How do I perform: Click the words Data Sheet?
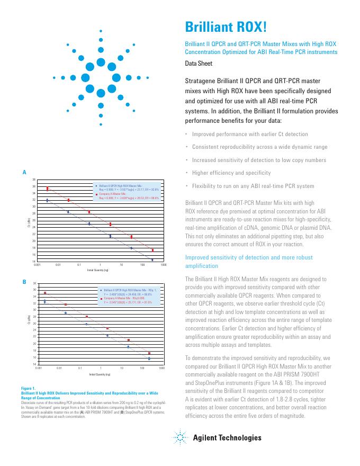(199, 64)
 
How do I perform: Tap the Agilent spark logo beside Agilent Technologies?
(181, 437)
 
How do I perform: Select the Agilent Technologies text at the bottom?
(227, 437)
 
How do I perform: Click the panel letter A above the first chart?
(24, 173)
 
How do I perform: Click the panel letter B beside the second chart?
(24, 282)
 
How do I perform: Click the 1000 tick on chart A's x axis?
(164, 264)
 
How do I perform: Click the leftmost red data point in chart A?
(48, 188)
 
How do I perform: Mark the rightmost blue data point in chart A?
(152, 260)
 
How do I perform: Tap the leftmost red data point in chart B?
(45, 293)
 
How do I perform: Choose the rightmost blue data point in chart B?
(149, 359)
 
